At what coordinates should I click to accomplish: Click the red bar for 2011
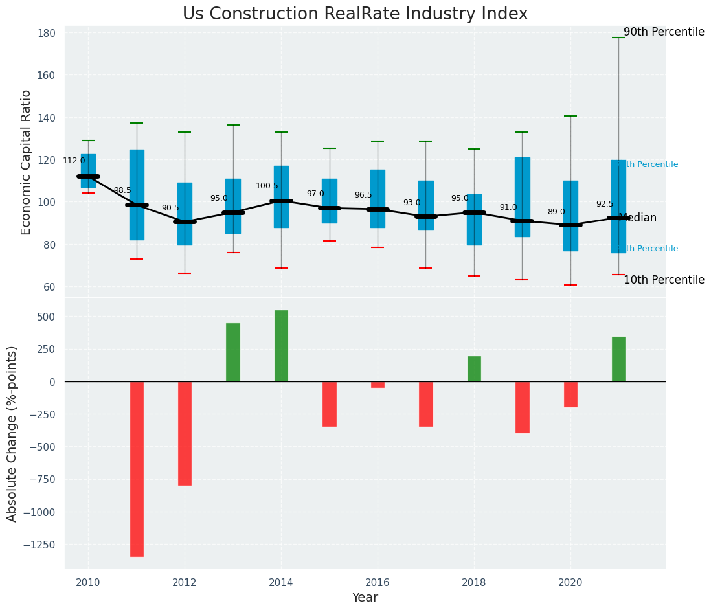coord(137,469)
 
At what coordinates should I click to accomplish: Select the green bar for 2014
coord(281,346)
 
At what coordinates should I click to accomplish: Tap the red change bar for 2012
coord(185,433)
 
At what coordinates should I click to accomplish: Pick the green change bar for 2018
coord(474,369)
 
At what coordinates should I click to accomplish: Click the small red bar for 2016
coord(378,385)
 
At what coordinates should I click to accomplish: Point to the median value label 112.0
coord(74,161)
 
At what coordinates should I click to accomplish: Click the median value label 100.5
coord(267,186)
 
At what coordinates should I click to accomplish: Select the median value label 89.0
coord(556,212)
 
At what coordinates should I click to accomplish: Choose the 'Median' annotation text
coord(638,218)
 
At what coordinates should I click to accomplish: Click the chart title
coord(355,14)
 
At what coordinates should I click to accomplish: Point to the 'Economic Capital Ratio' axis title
coord(27,163)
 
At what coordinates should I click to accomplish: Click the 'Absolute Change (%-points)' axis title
coord(12,433)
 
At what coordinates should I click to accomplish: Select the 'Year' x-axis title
coord(365,598)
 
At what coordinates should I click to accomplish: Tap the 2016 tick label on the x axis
coord(378,582)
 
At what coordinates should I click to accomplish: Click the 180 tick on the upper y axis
coord(51,33)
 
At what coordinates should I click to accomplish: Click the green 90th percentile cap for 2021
coord(618,38)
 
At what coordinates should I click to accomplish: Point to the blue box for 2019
coord(523,197)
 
